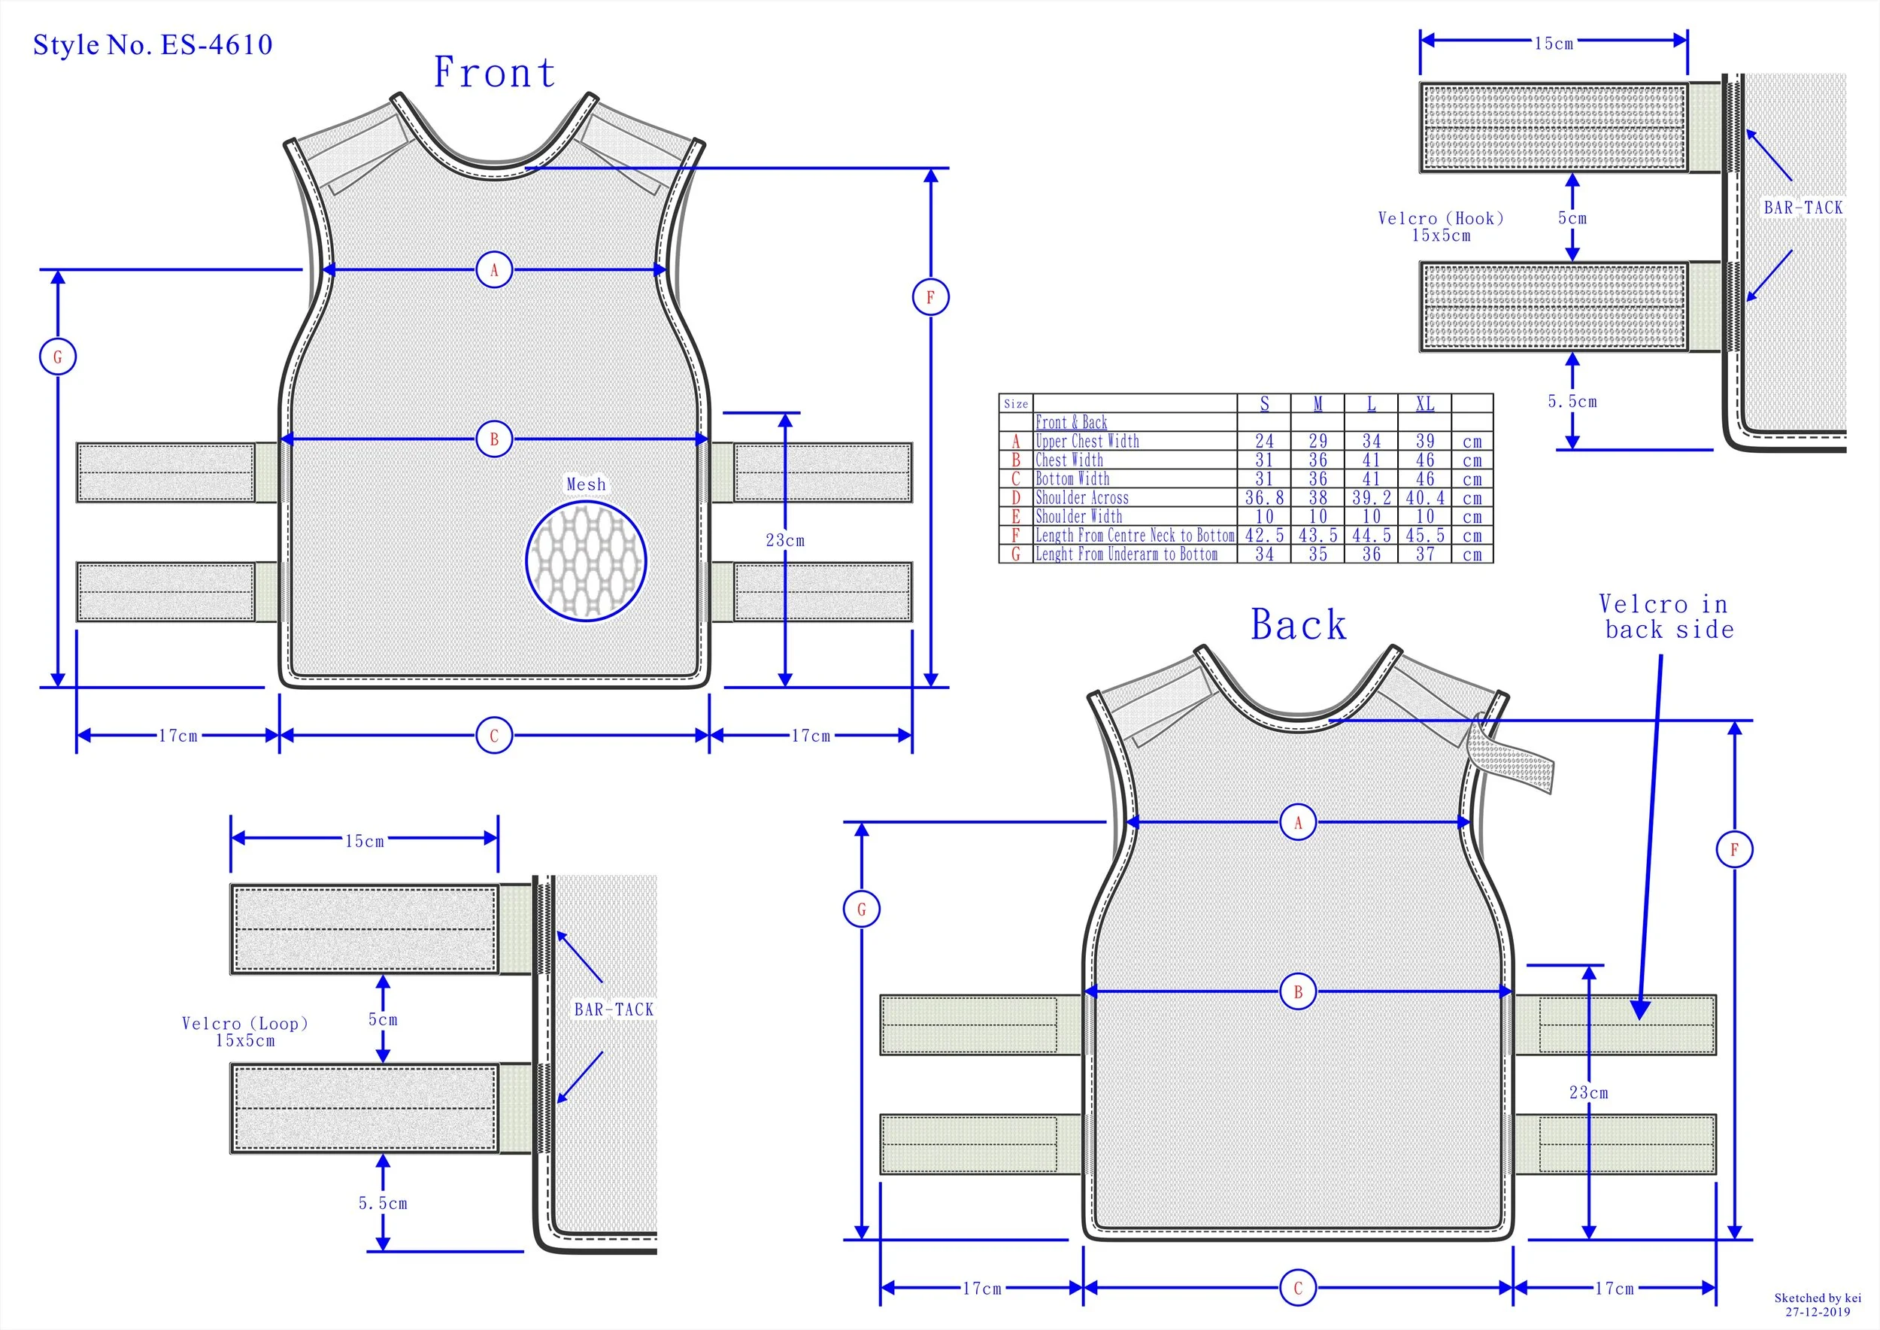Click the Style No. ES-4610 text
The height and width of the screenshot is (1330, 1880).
[153, 44]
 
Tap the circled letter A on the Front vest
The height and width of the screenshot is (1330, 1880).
[494, 269]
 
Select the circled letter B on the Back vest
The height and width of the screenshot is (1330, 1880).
[1298, 991]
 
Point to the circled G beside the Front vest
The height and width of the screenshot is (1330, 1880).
[57, 357]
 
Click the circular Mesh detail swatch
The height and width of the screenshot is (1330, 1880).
[587, 561]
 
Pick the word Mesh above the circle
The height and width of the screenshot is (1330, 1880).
[587, 484]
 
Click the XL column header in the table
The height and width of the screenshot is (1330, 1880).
[1425, 404]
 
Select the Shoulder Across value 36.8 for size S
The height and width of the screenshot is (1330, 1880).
[1263, 498]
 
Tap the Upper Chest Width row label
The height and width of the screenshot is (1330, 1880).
[1087, 442]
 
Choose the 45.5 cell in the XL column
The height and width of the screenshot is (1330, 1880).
[1425, 536]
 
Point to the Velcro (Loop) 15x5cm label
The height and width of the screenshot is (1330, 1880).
[245, 1032]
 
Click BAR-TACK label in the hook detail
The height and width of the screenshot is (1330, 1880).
[1803, 208]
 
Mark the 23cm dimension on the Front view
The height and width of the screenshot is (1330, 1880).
[784, 541]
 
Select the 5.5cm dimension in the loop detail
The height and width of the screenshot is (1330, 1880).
[382, 1203]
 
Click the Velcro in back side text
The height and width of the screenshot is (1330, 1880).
[1668, 617]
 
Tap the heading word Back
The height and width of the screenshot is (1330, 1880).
[1298, 625]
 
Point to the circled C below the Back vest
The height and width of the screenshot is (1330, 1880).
[1298, 1287]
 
